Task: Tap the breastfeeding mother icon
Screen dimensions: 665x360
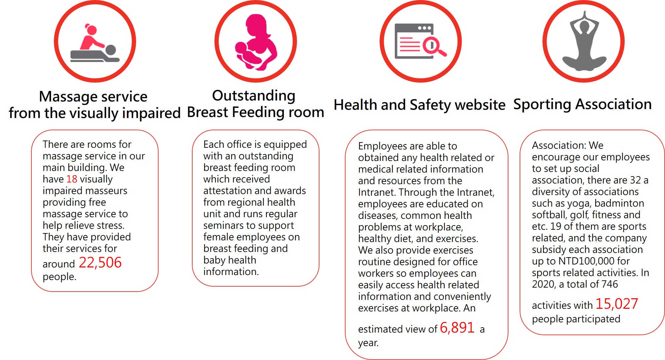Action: pyautogui.click(x=256, y=42)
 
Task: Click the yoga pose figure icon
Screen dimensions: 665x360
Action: pyautogui.click(x=584, y=41)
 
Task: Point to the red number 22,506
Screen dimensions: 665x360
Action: pyautogui.click(x=100, y=263)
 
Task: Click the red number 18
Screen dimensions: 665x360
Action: pyautogui.click(x=72, y=179)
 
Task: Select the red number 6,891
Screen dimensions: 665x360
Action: pyautogui.click(x=457, y=328)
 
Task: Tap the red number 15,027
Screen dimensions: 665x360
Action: pyautogui.click(x=616, y=304)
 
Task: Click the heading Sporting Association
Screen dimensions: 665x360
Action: pyautogui.click(x=582, y=104)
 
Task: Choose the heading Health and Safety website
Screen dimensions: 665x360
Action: pyautogui.click(x=420, y=105)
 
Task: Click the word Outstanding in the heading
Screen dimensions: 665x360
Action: pyautogui.click(x=254, y=96)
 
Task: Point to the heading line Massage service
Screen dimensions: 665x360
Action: pyautogui.click(x=93, y=97)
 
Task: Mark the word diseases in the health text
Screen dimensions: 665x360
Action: pyautogui.click(x=378, y=216)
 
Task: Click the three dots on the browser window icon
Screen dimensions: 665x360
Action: pyautogui.click(x=425, y=28)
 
